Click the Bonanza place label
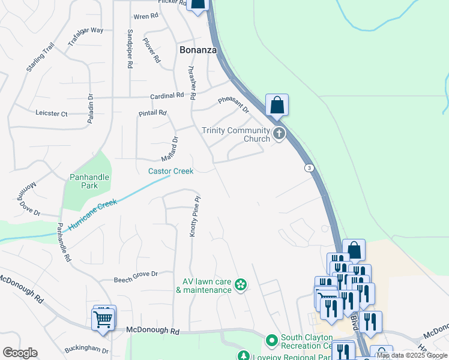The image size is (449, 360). point(197,50)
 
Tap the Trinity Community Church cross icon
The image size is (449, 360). point(279,134)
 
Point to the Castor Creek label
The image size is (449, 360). point(171,171)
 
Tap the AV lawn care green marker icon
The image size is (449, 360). point(241,284)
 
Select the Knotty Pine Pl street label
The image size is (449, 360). point(194,215)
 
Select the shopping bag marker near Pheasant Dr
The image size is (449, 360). point(277,105)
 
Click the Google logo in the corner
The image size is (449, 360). point(20,353)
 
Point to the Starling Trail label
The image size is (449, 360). point(40,58)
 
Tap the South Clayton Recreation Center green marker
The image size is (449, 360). point(271,341)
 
